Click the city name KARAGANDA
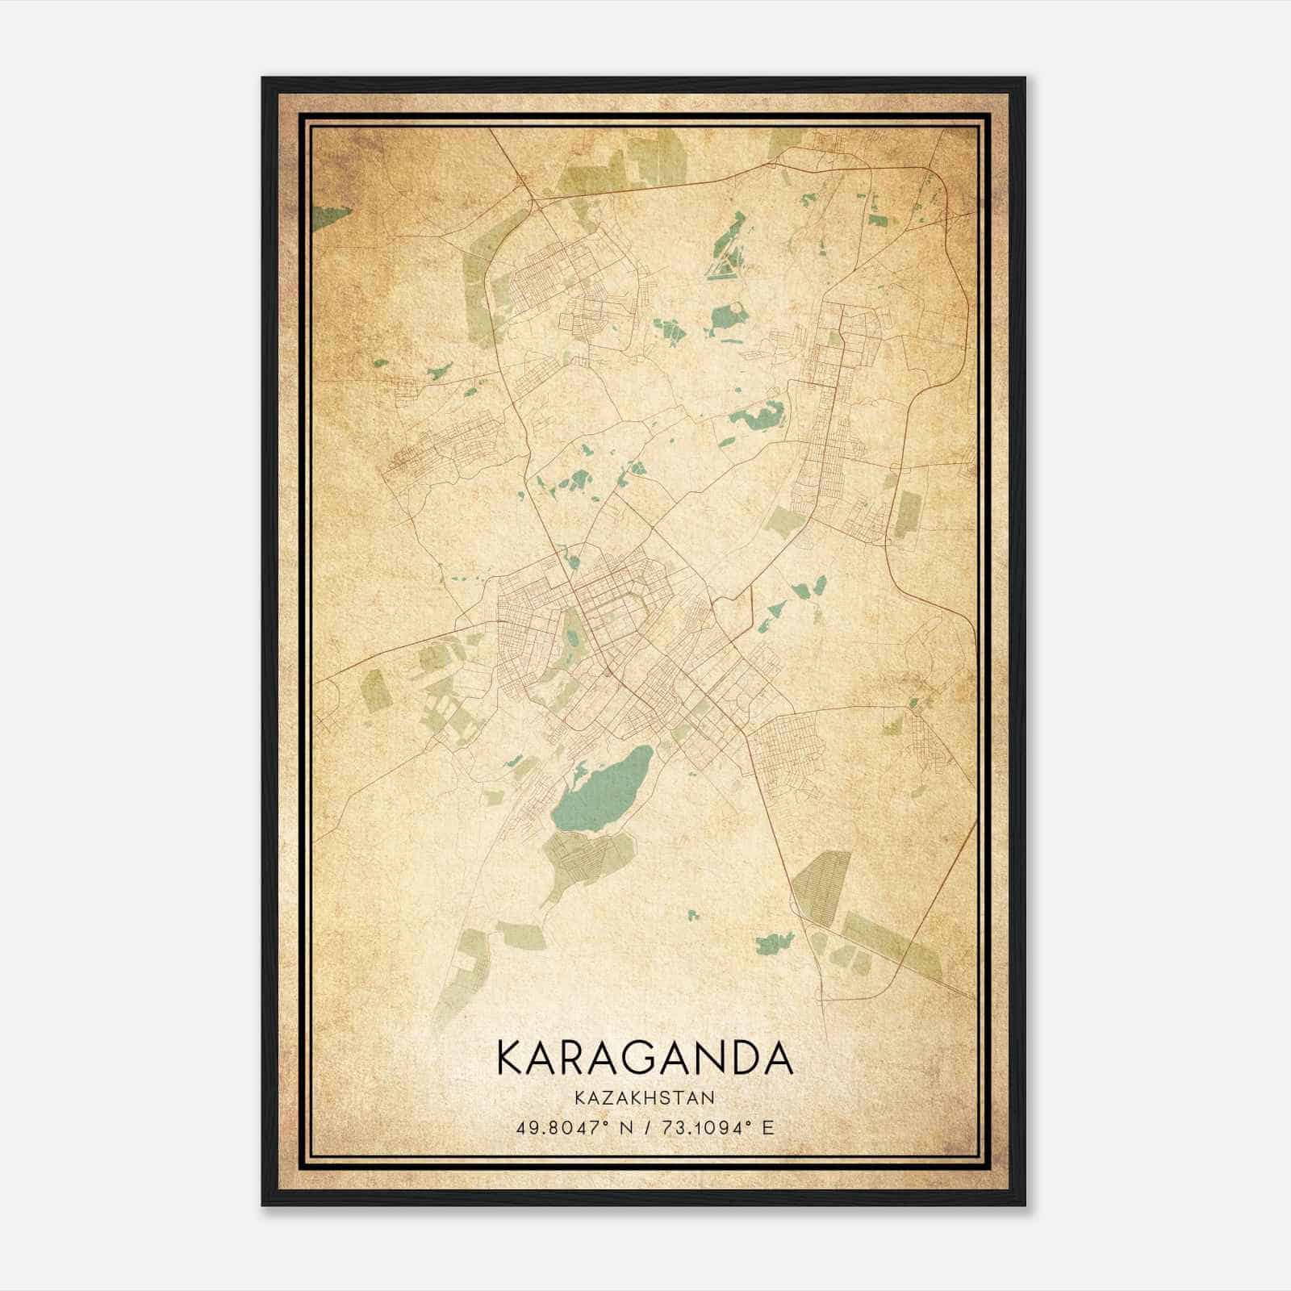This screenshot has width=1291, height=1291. coord(645,1057)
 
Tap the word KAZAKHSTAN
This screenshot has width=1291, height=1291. coord(645,1097)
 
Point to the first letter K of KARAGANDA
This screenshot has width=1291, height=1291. coord(510,1057)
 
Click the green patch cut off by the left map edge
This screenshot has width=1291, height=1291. coord(327,216)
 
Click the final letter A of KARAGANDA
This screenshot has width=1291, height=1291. coord(778,1057)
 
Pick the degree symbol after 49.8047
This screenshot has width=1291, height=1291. coord(604,1122)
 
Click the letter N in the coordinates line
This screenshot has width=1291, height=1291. coord(620,1127)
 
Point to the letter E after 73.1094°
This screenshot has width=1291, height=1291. coord(768,1127)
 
